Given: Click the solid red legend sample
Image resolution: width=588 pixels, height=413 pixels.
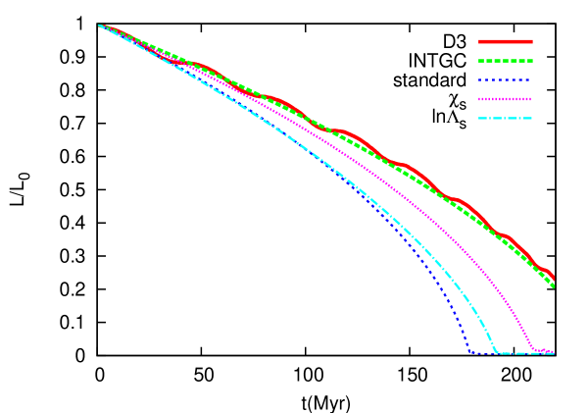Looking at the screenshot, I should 506,42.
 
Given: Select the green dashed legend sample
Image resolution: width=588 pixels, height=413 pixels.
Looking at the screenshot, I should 506,61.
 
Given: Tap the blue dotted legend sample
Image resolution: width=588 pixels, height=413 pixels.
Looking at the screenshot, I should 506,80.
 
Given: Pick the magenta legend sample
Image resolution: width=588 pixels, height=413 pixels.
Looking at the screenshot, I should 506,99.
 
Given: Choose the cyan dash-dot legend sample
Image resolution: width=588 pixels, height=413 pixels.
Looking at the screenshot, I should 506,119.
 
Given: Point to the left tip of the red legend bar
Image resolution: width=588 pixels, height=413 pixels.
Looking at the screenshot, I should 479,42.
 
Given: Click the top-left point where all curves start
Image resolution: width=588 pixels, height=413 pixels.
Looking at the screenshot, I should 100,26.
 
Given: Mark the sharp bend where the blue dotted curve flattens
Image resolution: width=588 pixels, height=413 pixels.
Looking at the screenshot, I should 470,350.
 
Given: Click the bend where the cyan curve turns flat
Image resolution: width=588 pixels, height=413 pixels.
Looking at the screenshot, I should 497,351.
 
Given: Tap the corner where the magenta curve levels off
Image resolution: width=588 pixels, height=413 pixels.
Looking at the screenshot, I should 533,349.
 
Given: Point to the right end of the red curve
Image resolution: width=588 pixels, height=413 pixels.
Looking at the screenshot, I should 555,279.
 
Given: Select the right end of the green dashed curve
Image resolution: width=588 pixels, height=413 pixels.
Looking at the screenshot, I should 554,285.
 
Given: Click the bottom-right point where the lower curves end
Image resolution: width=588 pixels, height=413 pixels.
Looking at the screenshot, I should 554,352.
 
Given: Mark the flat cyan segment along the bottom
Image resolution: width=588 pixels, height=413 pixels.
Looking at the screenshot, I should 519,353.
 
